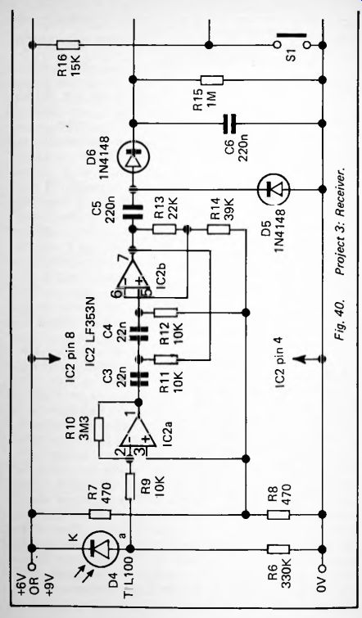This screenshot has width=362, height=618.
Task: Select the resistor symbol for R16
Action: [68, 44]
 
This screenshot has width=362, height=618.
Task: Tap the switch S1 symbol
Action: [291, 41]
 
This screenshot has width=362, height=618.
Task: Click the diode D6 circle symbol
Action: [133, 158]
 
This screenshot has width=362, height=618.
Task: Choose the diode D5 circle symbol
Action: [273, 190]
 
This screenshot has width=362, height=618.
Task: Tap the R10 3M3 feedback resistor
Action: [99, 430]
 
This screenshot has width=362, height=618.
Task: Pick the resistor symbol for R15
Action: [212, 80]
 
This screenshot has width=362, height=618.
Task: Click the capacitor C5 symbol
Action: [133, 212]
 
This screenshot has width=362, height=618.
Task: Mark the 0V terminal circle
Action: [323, 568]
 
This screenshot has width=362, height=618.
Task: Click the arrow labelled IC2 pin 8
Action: [43, 359]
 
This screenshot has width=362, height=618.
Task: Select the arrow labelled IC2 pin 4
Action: [309, 359]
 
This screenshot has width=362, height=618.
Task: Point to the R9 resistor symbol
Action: [130, 487]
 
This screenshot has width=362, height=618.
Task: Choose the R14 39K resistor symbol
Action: [219, 229]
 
